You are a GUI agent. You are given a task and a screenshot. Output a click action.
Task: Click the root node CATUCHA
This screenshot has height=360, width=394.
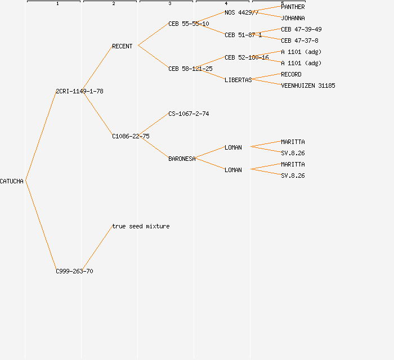12,181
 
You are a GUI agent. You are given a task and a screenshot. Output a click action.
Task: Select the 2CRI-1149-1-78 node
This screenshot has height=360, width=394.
79,91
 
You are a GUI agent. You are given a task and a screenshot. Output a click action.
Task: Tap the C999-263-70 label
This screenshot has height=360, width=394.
74,271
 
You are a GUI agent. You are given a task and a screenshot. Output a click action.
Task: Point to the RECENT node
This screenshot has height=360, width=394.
122,46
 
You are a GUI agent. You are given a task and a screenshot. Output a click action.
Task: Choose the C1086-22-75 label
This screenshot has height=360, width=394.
131,136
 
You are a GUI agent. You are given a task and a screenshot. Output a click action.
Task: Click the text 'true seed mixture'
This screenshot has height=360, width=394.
141,226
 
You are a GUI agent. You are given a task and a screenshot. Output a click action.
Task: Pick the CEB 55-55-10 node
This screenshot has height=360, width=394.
189,24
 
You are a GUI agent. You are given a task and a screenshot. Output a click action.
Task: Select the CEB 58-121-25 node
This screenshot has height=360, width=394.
190,69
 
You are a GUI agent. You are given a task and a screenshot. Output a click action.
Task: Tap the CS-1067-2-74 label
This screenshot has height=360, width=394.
189,114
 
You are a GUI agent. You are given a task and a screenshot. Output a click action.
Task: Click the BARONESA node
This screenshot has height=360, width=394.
182,159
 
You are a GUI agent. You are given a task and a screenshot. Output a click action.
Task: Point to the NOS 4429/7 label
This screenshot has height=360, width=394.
241,12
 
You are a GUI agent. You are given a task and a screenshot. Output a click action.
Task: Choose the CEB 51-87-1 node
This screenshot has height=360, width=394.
243,35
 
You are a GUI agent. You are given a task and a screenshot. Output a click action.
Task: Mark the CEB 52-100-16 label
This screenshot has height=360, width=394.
247,57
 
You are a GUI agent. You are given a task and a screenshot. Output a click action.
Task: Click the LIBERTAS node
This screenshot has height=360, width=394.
238,80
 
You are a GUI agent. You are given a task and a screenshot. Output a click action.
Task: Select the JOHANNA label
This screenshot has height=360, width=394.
293,18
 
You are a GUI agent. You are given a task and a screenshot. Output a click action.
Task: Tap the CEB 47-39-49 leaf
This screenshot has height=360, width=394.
301,29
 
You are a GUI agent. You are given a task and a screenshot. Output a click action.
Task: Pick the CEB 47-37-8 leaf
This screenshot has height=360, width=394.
299,40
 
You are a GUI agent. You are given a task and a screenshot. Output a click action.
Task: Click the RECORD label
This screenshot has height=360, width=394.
291,74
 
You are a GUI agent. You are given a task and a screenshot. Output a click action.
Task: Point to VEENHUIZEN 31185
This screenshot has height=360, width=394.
308,85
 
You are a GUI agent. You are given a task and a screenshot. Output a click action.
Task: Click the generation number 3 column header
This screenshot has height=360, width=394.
170,4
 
